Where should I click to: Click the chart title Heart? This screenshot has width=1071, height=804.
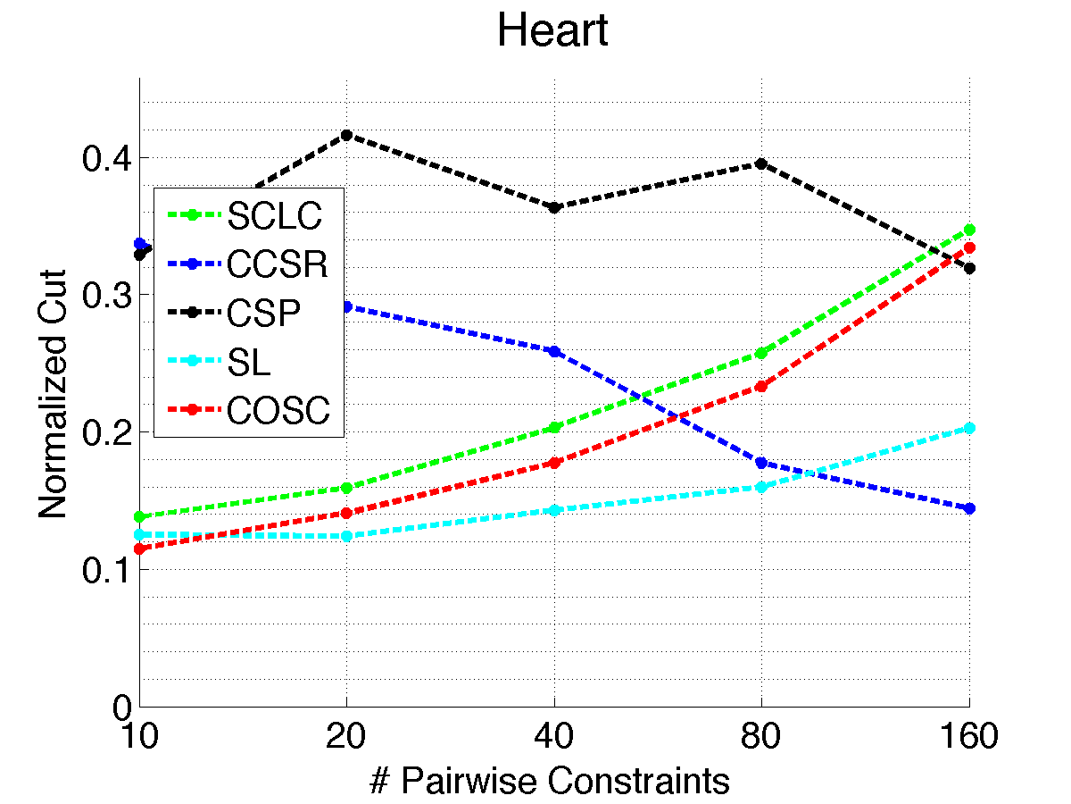[552, 32]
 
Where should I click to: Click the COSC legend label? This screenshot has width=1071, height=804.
[278, 411]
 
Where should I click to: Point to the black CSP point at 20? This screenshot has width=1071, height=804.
[346, 135]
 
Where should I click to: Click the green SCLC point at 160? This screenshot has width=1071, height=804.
[969, 230]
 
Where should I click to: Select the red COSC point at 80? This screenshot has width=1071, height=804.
[761, 386]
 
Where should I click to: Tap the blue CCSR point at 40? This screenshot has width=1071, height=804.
[554, 351]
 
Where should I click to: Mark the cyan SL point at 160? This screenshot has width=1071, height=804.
[969, 428]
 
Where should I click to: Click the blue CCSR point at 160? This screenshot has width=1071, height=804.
[969, 508]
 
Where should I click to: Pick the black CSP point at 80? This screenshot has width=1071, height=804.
[761, 163]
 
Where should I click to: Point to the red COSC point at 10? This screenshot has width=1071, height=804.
[139, 549]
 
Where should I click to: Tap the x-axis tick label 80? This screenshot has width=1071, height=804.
[761, 738]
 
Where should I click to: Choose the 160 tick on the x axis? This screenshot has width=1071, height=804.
[968, 738]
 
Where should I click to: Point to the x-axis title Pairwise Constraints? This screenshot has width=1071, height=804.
[550, 781]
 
